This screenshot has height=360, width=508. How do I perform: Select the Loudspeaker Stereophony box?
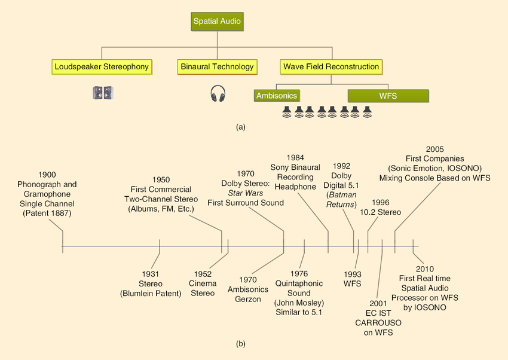tap(101, 66)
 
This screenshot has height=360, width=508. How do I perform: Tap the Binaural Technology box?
tap(217, 66)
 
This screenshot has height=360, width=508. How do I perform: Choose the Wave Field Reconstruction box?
tap(330, 66)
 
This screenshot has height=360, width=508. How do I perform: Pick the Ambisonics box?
tap(276, 96)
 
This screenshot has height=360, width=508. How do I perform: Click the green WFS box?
tap(388, 96)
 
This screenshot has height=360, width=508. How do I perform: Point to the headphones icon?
tap(218, 93)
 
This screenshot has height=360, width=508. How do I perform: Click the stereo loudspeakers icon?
tap(102, 93)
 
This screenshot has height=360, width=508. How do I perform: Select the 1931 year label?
tap(150, 274)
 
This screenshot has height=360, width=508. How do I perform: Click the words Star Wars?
tap(245, 193)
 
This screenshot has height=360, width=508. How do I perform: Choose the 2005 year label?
tap(434, 149)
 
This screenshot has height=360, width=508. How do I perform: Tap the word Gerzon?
tap(248, 299)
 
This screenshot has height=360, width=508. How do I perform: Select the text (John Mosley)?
tap(299, 303)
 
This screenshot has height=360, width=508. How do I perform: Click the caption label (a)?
tap(241, 127)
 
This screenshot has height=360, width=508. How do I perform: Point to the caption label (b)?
tap(241, 344)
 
